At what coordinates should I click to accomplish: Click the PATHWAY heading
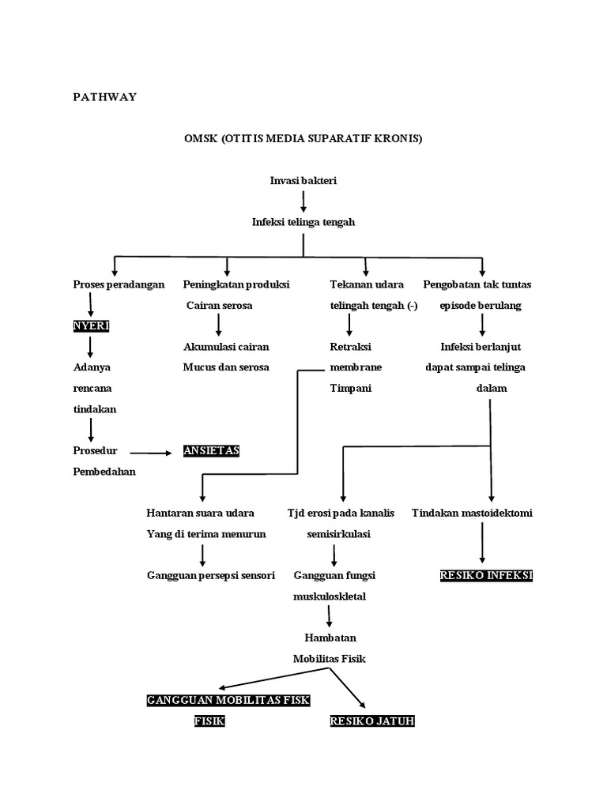(x=105, y=97)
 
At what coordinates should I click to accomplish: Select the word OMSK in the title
(x=201, y=138)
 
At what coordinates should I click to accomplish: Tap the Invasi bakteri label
(x=303, y=181)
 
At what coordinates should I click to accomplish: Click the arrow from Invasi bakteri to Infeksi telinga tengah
(x=303, y=201)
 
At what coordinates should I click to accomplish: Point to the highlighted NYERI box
(x=92, y=325)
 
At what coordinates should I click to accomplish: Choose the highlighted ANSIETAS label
(x=211, y=450)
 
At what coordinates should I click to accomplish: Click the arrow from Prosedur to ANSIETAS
(x=151, y=453)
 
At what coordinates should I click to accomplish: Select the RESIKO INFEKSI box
(x=486, y=575)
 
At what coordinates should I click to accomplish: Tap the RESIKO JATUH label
(x=372, y=721)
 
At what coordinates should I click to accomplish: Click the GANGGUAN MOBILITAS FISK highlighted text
(x=228, y=700)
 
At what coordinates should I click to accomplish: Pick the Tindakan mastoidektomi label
(x=472, y=513)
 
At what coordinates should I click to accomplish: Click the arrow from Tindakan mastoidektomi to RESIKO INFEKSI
(x=483, y=543)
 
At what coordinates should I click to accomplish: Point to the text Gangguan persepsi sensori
(x=210, y=575)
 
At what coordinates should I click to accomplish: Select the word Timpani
(x=350, y=388)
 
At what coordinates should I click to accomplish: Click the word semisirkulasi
(x=338, y=534)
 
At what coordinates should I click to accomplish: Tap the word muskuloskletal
(x=330, y=596)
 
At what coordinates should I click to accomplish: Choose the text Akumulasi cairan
(x=226, y=347)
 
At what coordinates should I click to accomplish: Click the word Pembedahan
(x=104, y=472)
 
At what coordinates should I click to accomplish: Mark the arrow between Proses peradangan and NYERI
(x=91, y=304)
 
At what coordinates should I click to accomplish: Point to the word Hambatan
(x=330, y=638)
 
